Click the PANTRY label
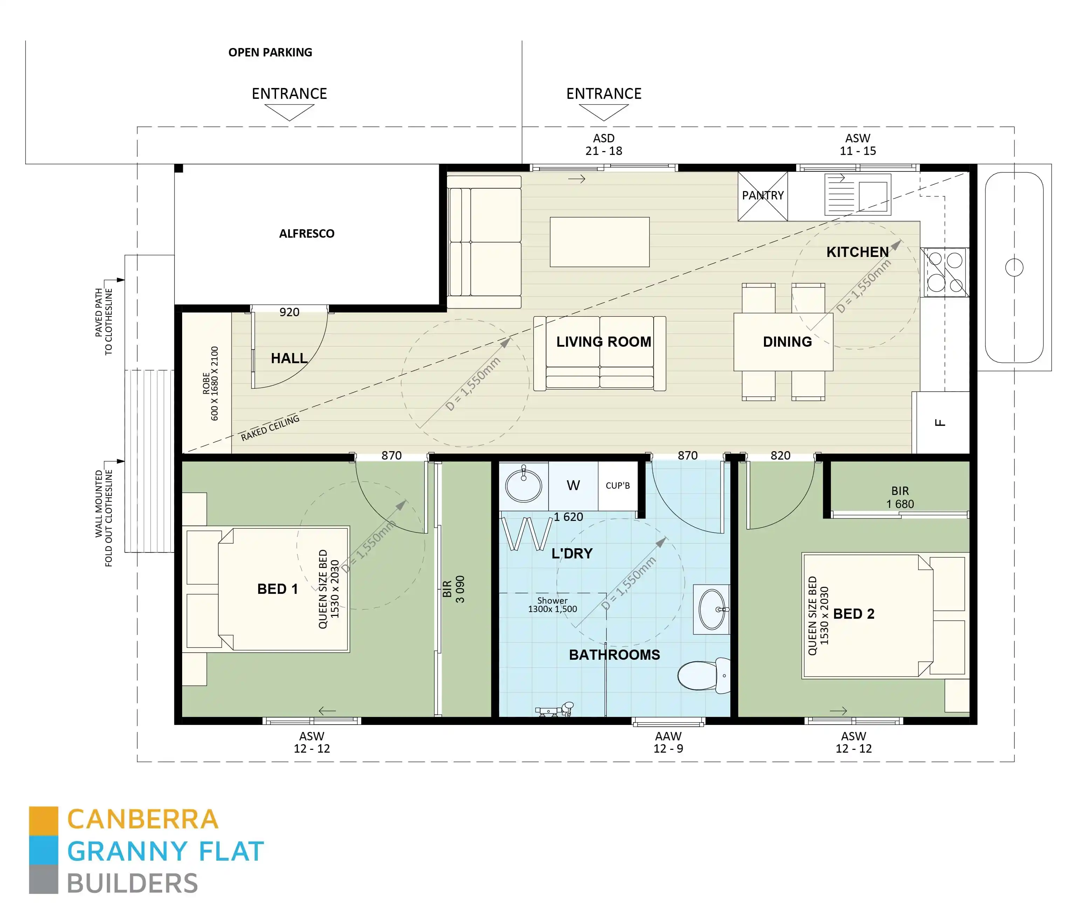click(762, 195)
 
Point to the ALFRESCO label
click(307, 233)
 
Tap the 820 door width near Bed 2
click(780, 455)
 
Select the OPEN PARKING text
click(270, 52)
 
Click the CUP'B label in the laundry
click(617, 486)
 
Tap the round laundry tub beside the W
click(523, 486)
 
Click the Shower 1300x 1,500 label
click(552, 605)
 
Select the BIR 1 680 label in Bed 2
click(900, 497)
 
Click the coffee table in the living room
click(599, 242)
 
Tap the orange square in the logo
click(43, 821)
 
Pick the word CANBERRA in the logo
click(143, 820)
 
